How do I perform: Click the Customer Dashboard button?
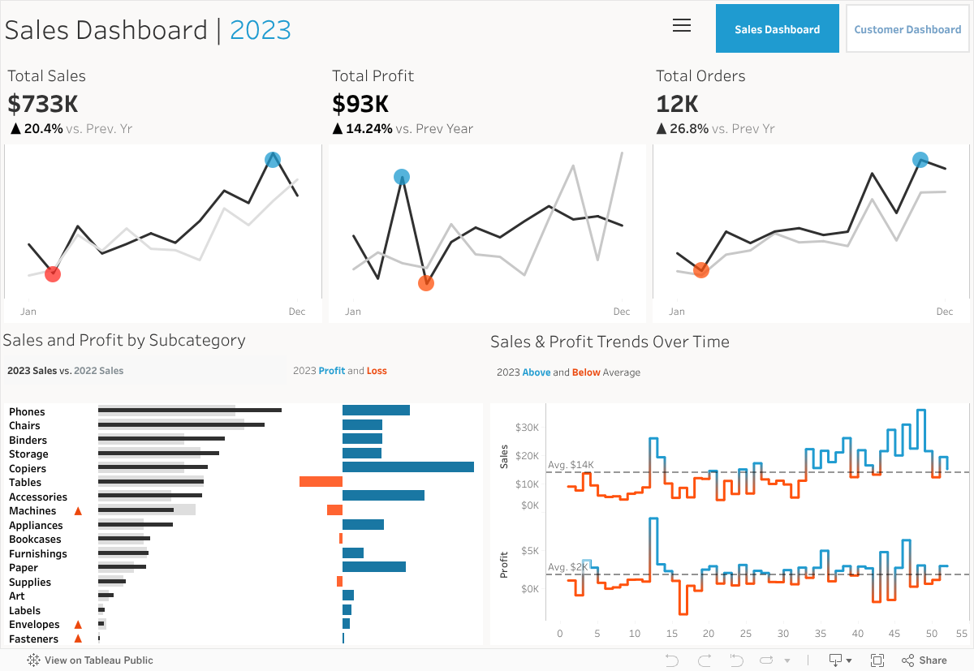(907, 29)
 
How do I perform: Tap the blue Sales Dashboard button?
(777, 29)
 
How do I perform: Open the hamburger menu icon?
(682, 25)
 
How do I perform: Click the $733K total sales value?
(43, 104)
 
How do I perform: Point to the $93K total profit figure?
(360, 104)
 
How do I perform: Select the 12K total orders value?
(677, 104)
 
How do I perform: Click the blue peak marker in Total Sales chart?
(273, 160)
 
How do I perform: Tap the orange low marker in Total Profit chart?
(426, 283)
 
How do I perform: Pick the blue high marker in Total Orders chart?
(920, 160)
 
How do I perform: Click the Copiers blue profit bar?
(407, 467)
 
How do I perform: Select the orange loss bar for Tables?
(321, 482)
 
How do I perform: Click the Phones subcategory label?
(27, 412)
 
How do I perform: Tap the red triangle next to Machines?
(78, 511)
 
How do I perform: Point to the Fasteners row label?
(33, 639)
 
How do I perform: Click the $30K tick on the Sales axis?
(527, 428)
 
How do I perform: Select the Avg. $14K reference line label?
(571, 465)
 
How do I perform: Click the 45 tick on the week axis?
(894, 633)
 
